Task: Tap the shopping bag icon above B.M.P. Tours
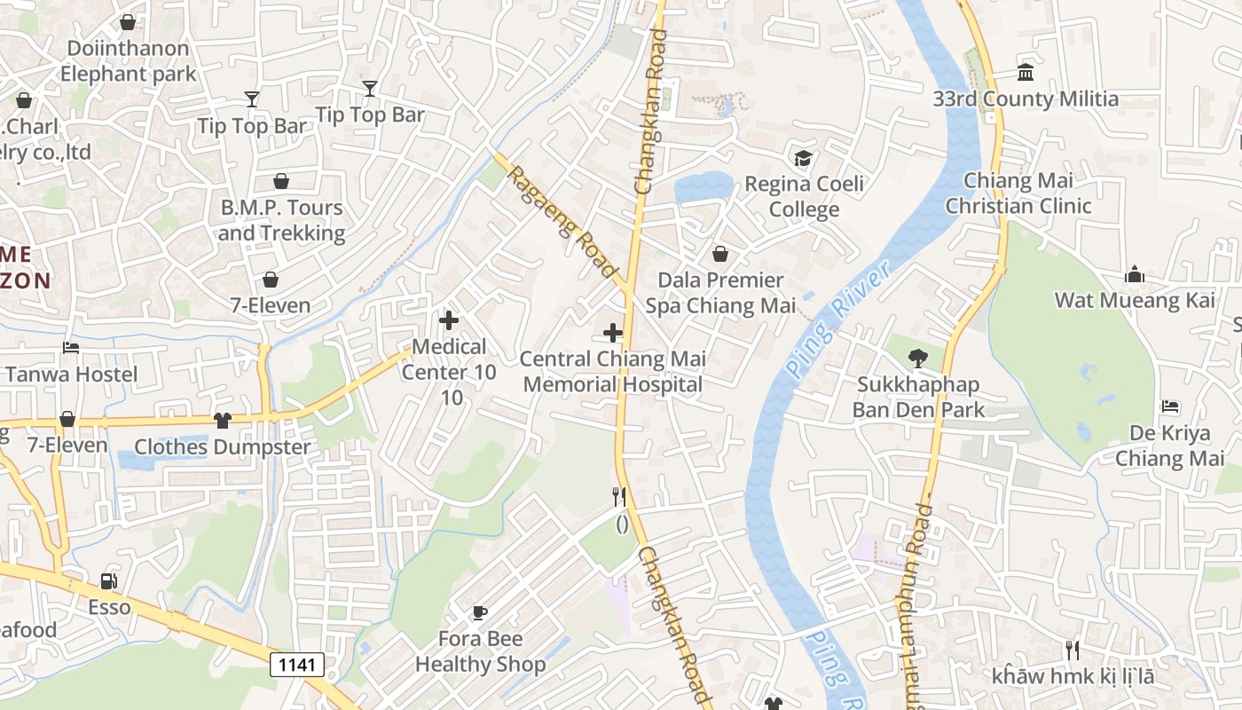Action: (281, 181)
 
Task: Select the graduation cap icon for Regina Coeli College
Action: (803, 158)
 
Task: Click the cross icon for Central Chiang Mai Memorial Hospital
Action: (612, 334)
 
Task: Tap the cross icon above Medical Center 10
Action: (449, 320)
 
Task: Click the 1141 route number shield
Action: (297, 664)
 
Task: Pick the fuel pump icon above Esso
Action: (108, 581)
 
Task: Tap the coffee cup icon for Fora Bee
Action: (479, 612)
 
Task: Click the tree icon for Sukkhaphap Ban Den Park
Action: (917, 359)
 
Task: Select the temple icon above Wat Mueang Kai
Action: (1134, 274)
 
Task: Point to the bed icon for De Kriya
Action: (1169, 406)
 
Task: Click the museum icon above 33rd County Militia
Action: (1026, 72)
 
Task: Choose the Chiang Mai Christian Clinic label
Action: (1018, 193)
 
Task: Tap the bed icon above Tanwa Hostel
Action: (71, 348)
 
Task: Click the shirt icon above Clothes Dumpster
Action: (222, 420)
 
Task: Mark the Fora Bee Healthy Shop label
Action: (480, 651)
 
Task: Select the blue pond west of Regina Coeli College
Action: (703, 187)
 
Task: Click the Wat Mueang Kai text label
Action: (1134, 300)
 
